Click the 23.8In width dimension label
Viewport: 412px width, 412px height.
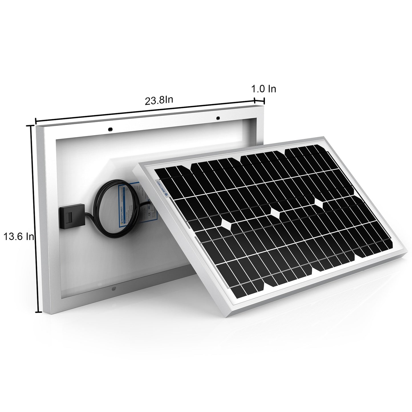159,101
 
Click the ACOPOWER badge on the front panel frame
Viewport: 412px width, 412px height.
162,188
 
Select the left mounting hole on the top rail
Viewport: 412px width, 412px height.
110,129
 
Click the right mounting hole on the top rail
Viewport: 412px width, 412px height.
218,118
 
